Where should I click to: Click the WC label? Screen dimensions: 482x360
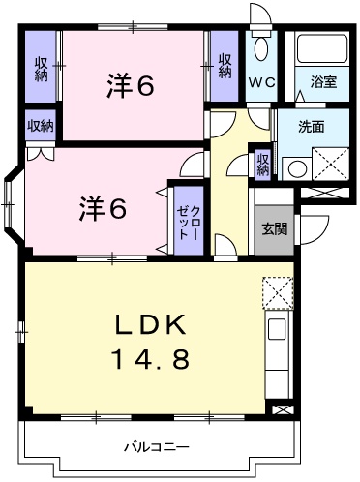pyautogui.click(x=262, y=84)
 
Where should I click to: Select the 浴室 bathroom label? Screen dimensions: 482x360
pyautogui.click(x=323, y=84)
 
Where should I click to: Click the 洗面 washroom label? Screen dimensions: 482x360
pyautogui.click(x=310, y=126)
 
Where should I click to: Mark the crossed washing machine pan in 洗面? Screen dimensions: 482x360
pyautogui.click(x=328, y=165)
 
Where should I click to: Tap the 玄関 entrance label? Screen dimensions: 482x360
pyautogui.click(x=273, y=229)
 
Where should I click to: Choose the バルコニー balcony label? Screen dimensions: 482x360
pyautogui.click(x=156, y=447)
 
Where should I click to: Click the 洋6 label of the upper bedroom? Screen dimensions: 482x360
pyautogui.click(x=130, y=87)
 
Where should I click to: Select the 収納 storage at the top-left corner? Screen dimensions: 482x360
pyautogui.click(x=42, y=68)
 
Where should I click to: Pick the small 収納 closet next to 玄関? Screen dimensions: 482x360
pyautogui.click(x=262, y=164)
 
